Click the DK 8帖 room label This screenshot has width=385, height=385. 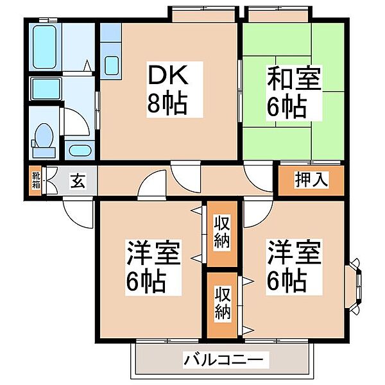point(167,90)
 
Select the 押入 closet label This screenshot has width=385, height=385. point(312,180)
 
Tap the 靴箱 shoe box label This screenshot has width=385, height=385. point(36,180)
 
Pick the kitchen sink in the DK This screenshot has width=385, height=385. point(111,65)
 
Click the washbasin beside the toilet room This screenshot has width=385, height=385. point(80,151)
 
